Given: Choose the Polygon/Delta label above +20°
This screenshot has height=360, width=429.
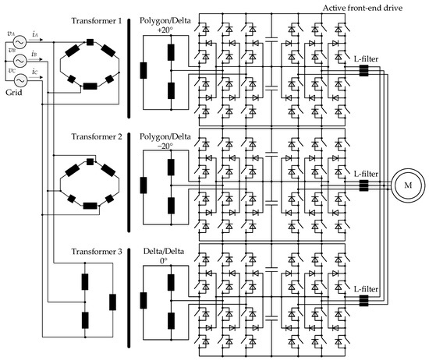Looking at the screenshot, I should [x=168, y=19].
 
